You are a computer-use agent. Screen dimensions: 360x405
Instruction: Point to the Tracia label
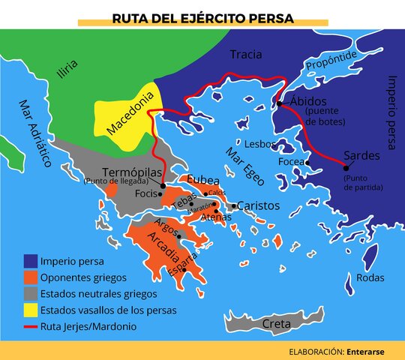[x=246, y=54]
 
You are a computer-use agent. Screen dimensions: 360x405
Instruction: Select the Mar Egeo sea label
[x=240, y=164]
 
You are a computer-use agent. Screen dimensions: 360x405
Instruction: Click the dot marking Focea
[x=307, y=162]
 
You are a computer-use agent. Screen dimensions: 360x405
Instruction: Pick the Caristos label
[x=259, y=205]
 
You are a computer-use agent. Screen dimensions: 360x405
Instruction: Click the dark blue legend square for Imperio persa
[x=30, y=262]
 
